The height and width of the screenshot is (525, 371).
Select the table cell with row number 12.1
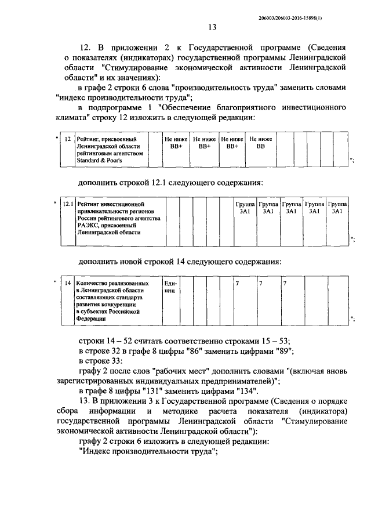coord(68,204)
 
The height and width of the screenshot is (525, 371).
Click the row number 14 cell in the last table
coord(68,283)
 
